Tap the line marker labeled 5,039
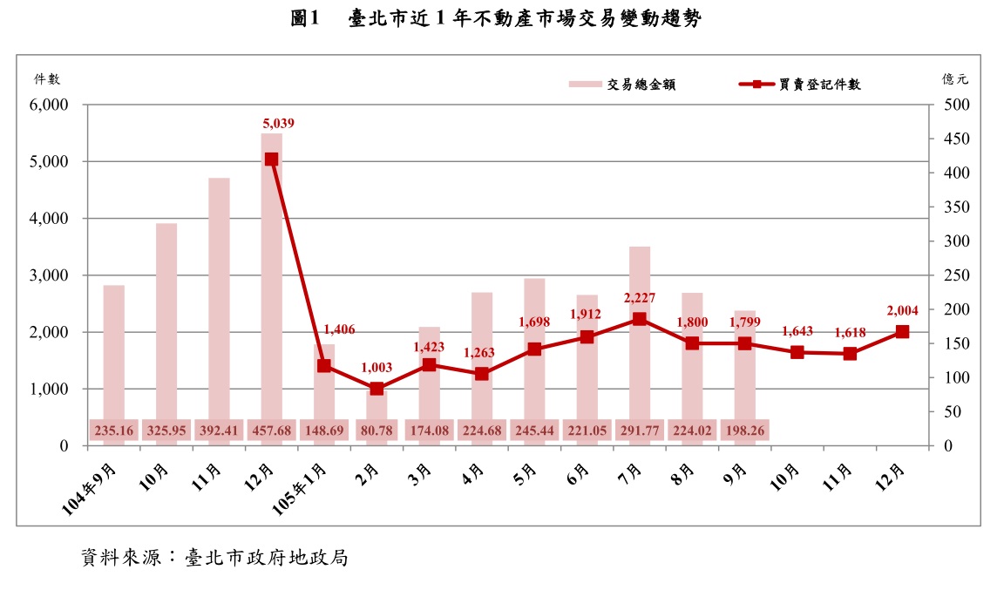[271, 159]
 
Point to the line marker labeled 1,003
[376, 389]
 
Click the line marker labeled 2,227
[640, 319]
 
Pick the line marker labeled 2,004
[902, 332]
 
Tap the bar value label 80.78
[376, 430]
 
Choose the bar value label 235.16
[114, 430]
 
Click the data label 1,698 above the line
[533, 322]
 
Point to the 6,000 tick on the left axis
[50, 105]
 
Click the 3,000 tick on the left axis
[50, 275]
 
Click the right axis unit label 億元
[954, 78]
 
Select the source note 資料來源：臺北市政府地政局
[214, 558]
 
